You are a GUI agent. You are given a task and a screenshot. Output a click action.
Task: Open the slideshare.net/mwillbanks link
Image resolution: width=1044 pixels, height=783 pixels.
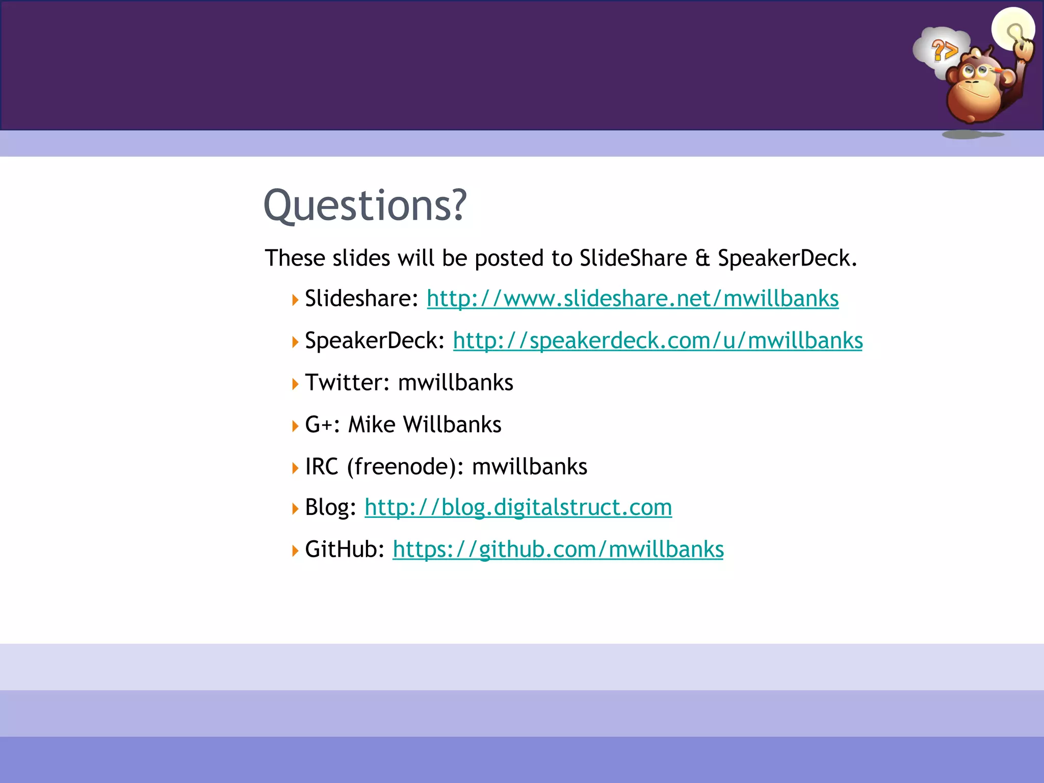[633, 299]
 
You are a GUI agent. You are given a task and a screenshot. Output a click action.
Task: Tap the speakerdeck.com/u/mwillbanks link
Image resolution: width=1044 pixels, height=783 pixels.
[658, 341]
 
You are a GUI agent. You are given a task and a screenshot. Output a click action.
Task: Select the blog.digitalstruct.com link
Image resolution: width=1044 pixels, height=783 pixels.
[518, 508]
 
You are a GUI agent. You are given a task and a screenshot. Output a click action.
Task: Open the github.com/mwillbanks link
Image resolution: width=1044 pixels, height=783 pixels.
[558, 550]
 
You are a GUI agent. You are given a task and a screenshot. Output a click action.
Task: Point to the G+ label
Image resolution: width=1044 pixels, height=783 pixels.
[322, 425]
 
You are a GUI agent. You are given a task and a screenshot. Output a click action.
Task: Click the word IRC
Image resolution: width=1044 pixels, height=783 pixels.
[322, 466]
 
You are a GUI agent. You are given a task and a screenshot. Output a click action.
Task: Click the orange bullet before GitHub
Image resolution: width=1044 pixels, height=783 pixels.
[295, 551]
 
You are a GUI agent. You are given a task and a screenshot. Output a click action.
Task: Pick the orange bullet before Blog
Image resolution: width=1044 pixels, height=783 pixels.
[295, 508]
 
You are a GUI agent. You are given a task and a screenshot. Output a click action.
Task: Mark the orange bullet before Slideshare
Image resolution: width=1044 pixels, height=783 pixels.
[295, 300]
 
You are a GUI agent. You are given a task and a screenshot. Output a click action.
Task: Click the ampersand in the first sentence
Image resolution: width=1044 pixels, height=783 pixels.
[702, 258]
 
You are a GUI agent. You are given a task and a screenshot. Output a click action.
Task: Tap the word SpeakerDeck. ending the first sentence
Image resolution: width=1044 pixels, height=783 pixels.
[787, 258]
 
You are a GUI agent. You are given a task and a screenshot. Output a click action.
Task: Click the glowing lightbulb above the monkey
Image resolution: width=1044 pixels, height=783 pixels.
[1012, 29]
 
